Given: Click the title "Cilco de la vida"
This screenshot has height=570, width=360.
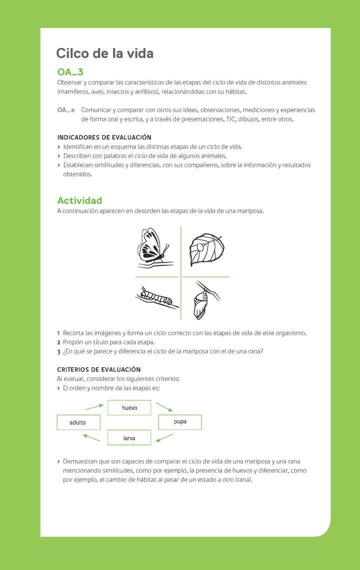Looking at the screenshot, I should tap(104, 53).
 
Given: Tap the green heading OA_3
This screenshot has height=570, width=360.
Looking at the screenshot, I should tap(70, 72).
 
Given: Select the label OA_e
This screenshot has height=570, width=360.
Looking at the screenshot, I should tap(66, 110).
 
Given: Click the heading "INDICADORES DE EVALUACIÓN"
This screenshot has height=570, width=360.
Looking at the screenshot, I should tap(104, 137).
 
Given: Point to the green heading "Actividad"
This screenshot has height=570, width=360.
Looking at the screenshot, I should tap(79, 200).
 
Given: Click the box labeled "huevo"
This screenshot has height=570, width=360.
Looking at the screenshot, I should tap(129, 407).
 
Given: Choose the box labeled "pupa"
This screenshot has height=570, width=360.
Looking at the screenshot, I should tap(180, 422).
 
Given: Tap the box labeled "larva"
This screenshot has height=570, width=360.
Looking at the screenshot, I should tap(129, 438).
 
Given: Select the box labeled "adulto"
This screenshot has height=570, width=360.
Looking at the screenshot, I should tap(78, 422).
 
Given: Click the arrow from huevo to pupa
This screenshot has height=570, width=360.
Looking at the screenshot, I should tap(164, 406).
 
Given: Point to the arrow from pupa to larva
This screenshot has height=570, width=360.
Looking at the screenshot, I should tap(164, 438).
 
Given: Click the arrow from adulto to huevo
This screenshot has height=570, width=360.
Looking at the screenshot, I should tap(93, 406).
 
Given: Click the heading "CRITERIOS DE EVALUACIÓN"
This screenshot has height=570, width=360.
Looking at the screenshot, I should tap(99, 369).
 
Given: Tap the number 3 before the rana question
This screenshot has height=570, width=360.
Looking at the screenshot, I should tap(58, 351).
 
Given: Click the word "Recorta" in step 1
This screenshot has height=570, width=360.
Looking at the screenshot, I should tap(74, 333).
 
